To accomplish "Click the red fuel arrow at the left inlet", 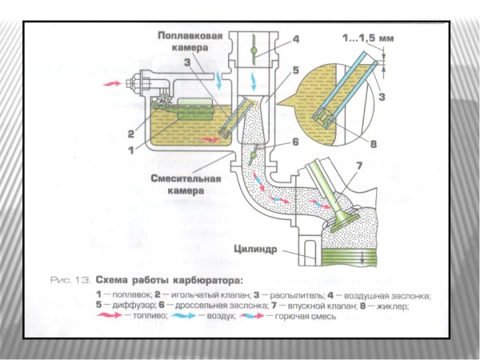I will click(111, 82).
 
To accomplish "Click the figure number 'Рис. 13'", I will click(67, 281).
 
